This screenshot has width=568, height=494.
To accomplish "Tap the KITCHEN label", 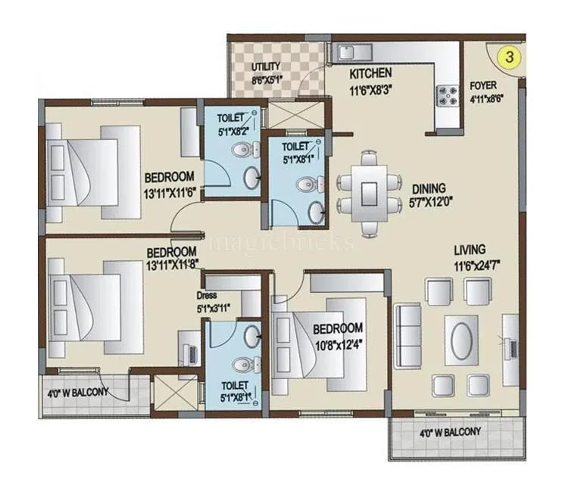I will (x=370, y=73).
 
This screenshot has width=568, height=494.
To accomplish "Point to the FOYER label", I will (x=482, y=85).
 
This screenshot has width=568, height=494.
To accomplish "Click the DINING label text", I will (x=429, y=188).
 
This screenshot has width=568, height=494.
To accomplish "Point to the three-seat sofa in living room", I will (x=407, y=331).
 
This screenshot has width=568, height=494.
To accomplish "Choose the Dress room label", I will (x=208, y=295).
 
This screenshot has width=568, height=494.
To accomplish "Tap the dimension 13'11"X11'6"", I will (x=172, y=191).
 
